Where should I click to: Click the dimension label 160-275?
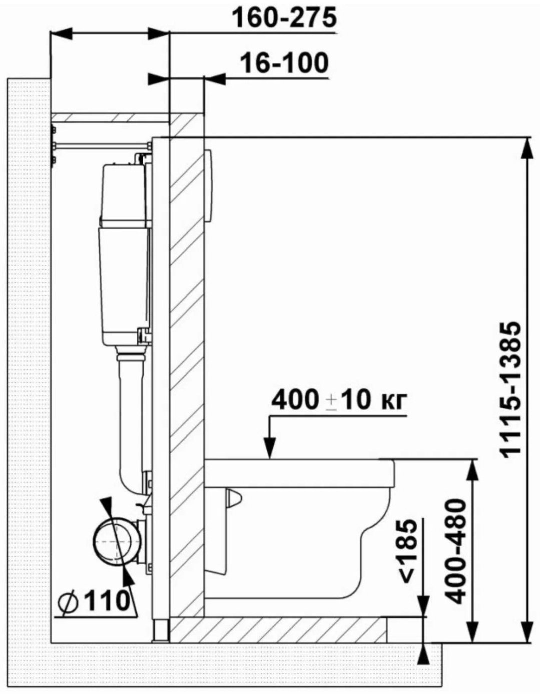click(284, 18)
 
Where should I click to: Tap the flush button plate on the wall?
click(208, 186)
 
